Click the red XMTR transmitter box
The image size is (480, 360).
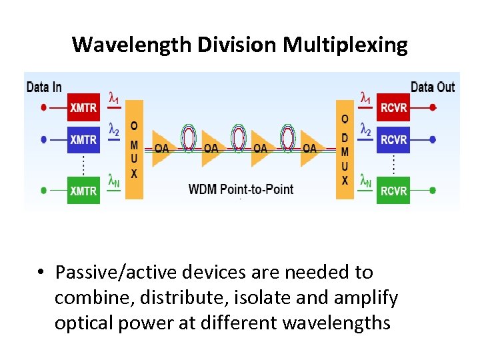coord(83,107)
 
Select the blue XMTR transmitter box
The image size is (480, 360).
coord(83,139)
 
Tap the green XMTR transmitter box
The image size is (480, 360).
coord(83,190)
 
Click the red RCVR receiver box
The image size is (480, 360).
coord(393,107)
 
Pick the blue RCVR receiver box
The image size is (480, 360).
coord(393,139)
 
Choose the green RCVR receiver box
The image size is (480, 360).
coord(393,190)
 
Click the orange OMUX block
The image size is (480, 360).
coord(134,149)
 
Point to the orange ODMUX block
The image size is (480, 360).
coord(345,149)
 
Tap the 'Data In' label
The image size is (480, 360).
coord(44,87)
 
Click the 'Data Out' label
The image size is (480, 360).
coord(433,87)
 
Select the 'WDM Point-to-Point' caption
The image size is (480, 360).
coord(241,189)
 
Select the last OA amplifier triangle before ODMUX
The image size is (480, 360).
coord(311,147)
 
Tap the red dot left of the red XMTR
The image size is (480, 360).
coord(44,107)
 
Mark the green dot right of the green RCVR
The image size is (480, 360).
coord(433,191)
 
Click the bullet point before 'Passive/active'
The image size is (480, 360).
coord(41,273)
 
